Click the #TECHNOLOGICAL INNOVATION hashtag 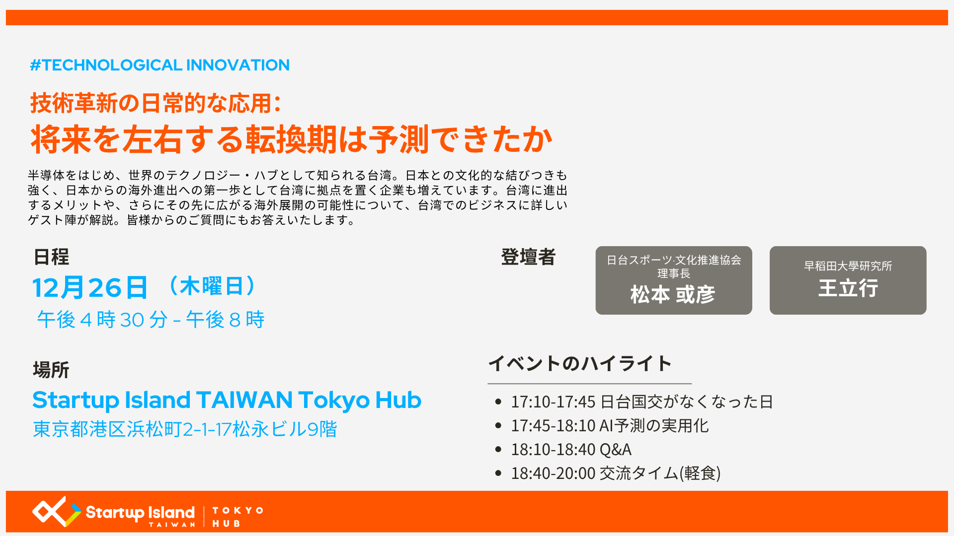(159, 65)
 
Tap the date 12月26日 (90, 287)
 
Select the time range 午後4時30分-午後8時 (151, 320)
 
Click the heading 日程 (51, 257)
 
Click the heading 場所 (51, 370)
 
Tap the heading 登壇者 (528, 257)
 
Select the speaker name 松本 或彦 (673, 295)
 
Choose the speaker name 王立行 (848, 288)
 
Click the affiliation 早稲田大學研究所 (848, 266)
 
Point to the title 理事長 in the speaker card (674, 273)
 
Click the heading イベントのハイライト (580, 363)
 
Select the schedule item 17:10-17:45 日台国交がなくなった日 (642, 402)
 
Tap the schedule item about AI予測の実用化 (610, 425)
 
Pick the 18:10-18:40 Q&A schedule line (571, 449)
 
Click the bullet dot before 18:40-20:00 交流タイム (498, 473)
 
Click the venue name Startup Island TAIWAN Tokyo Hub (227, 400)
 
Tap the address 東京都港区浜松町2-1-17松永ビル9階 (185, 429)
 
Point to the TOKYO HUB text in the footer (238, 517)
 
